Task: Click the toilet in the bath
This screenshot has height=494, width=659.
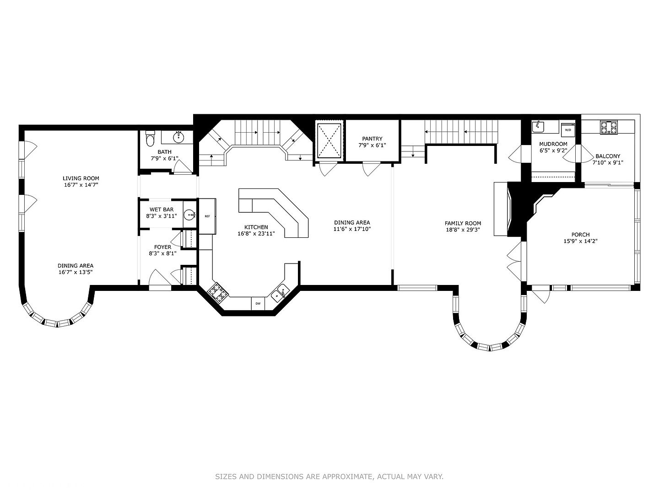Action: coord(150,139)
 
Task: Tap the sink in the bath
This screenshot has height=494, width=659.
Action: coord(179,137)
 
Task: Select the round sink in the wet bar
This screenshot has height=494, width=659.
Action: coord(190,215)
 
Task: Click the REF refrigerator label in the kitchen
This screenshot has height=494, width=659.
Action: coord(207,216)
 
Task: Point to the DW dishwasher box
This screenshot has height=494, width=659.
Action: coord(258,303)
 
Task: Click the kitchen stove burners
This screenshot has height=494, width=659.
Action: coord(218,293)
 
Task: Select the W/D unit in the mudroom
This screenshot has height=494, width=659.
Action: coord(568,128)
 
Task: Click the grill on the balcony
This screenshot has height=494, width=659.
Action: coord(609,127)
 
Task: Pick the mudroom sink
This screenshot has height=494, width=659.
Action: coord(538,127)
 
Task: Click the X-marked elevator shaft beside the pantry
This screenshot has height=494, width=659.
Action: coord(329,140)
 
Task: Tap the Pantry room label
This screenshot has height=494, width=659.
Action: coord(372,139)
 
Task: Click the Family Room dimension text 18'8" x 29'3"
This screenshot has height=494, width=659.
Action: coord(463,230)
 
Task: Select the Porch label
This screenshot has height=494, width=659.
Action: coord(580,235)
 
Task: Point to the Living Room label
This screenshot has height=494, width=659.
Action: coord(81,178)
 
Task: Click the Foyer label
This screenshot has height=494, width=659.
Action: coord(162,247)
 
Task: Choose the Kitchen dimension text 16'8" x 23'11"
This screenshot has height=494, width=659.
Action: coord(256,234)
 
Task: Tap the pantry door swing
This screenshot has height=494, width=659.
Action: coord(371,170)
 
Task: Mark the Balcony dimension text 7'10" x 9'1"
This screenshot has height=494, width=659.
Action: coord(608,162)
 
